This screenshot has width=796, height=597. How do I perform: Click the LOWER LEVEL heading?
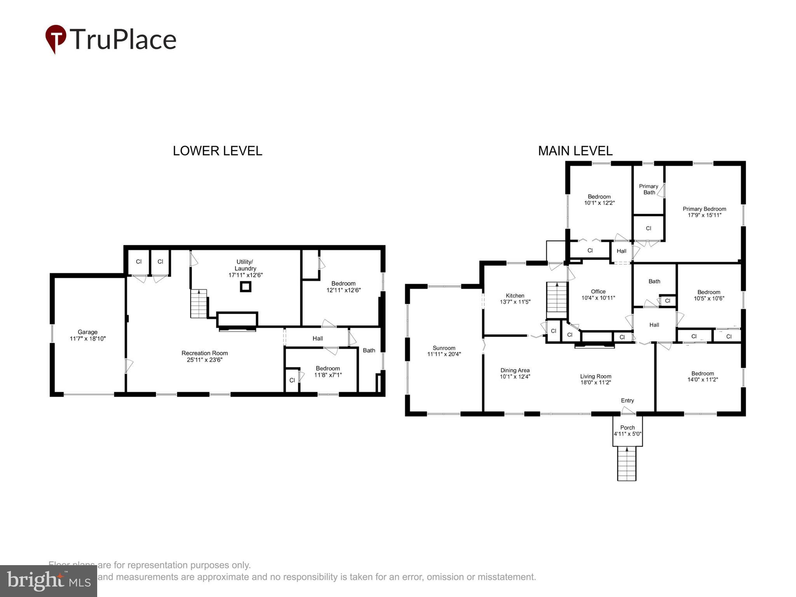[x=217, y=151]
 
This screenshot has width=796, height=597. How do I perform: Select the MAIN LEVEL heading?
[x=575, y=151]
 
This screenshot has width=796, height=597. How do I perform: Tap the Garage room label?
[x=87, y=332]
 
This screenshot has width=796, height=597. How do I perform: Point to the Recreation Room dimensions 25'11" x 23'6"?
[x=204, y=360]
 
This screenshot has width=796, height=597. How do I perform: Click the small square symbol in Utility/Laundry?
[x=246, y=287]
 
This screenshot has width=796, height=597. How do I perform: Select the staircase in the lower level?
[x=198, y=304]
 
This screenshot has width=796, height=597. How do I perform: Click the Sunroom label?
[x=444, y=348]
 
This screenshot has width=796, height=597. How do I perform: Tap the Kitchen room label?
[x=515, y=295]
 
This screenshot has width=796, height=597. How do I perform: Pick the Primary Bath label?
[x=649, y=189]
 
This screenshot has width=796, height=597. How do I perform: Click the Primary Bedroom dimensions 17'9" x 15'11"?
[x=704, y=215]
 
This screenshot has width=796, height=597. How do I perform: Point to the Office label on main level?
[x=598, y=292]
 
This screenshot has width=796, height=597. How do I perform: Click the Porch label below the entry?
[x=627, y=428]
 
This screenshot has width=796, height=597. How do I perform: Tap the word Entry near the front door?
[x=627, y=400]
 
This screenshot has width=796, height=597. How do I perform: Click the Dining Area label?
[x=515, y=370]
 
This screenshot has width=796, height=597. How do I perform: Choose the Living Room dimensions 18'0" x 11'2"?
[x=595, y=382]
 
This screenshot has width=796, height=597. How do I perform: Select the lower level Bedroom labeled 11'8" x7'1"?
[x=328, y=372]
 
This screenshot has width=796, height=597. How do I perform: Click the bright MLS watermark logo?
[x=49, y=581]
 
